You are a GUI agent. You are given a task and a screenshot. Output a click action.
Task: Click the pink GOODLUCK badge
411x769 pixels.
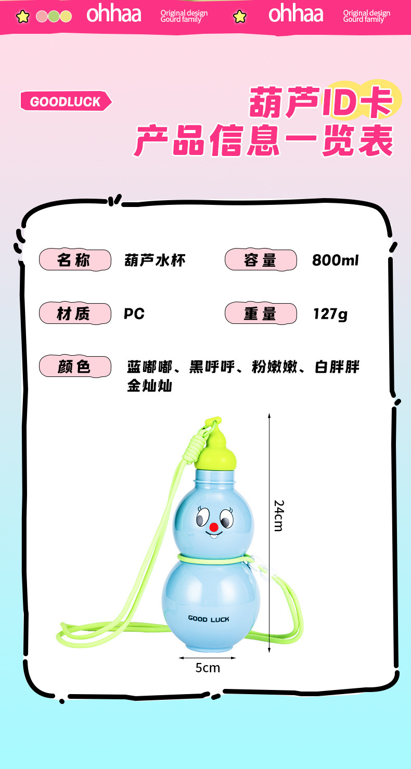tap(65, 101)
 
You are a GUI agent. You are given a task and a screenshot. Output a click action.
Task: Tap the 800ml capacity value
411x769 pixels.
tap(336, 260)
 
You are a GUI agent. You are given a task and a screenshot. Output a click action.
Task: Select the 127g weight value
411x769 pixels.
tap(330, 314)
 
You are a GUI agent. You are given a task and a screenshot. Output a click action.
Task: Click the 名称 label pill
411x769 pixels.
tap(75, 260)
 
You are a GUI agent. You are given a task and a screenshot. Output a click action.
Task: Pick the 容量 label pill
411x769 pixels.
tap(261, 260)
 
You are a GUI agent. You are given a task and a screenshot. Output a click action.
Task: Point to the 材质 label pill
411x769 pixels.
tap(75, 314)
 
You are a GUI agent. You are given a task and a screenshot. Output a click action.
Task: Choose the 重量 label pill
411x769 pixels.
tap(261, 314)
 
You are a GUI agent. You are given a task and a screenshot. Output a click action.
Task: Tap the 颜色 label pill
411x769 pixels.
tap(75, 367)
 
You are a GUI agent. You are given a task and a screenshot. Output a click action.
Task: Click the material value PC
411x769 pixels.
tap(134, 314)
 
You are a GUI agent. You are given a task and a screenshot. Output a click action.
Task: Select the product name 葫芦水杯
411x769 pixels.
tap(155, 260)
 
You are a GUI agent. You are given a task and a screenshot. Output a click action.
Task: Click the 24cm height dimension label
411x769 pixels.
tap(279, 515)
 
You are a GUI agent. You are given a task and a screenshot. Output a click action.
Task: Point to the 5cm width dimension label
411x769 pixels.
tap(208, 668)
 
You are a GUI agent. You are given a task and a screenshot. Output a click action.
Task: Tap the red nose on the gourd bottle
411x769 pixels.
tap(213, 527)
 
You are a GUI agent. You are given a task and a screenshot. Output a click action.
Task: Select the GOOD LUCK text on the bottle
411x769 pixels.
tap(209, 619)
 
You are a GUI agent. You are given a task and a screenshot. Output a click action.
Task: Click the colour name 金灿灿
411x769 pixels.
tap(150, 386)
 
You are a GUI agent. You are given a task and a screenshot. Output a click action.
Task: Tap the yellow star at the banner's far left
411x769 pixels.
tap(22, 17)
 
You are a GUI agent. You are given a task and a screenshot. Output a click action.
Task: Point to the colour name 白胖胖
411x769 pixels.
tap(337, 367)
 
